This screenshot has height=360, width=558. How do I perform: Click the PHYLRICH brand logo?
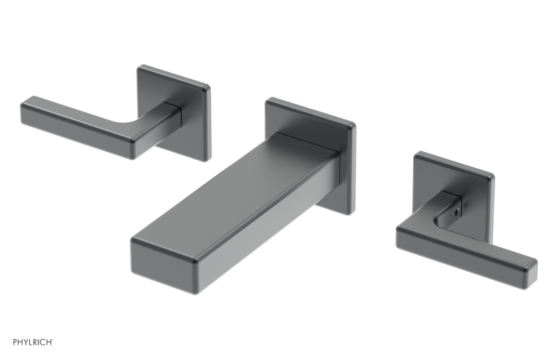point(33,342)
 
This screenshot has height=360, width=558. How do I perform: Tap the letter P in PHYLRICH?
point(15,342)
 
